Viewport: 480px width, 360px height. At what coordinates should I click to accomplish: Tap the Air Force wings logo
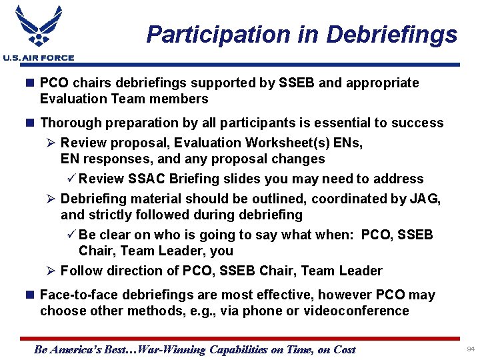coord(38,27)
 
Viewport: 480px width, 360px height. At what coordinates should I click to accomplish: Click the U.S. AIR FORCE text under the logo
coord(38,58)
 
